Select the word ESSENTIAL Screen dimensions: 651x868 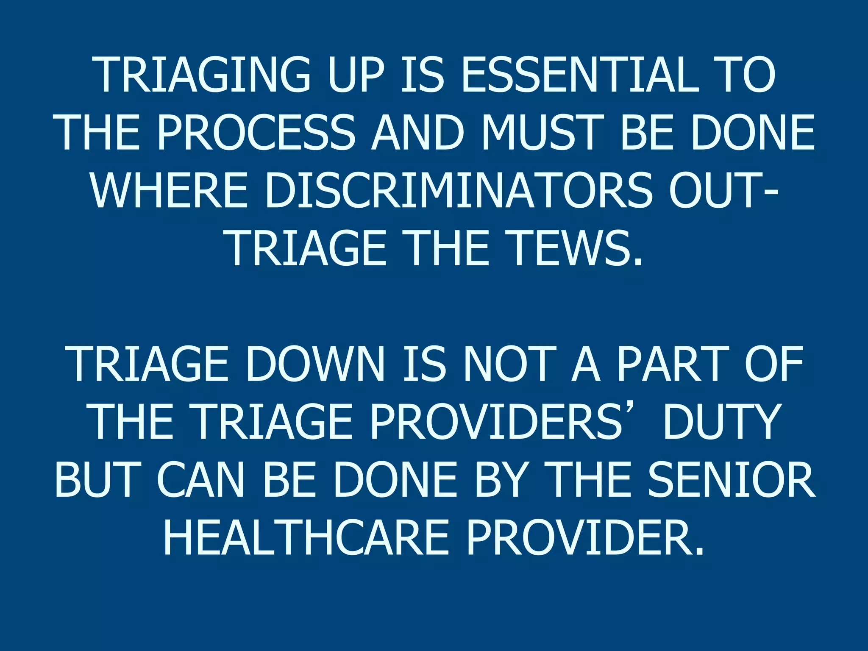580,75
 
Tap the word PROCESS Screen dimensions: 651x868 256,133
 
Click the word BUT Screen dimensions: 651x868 98,481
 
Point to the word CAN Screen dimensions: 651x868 201,481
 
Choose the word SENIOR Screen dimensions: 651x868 731,481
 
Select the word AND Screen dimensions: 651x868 418,133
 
